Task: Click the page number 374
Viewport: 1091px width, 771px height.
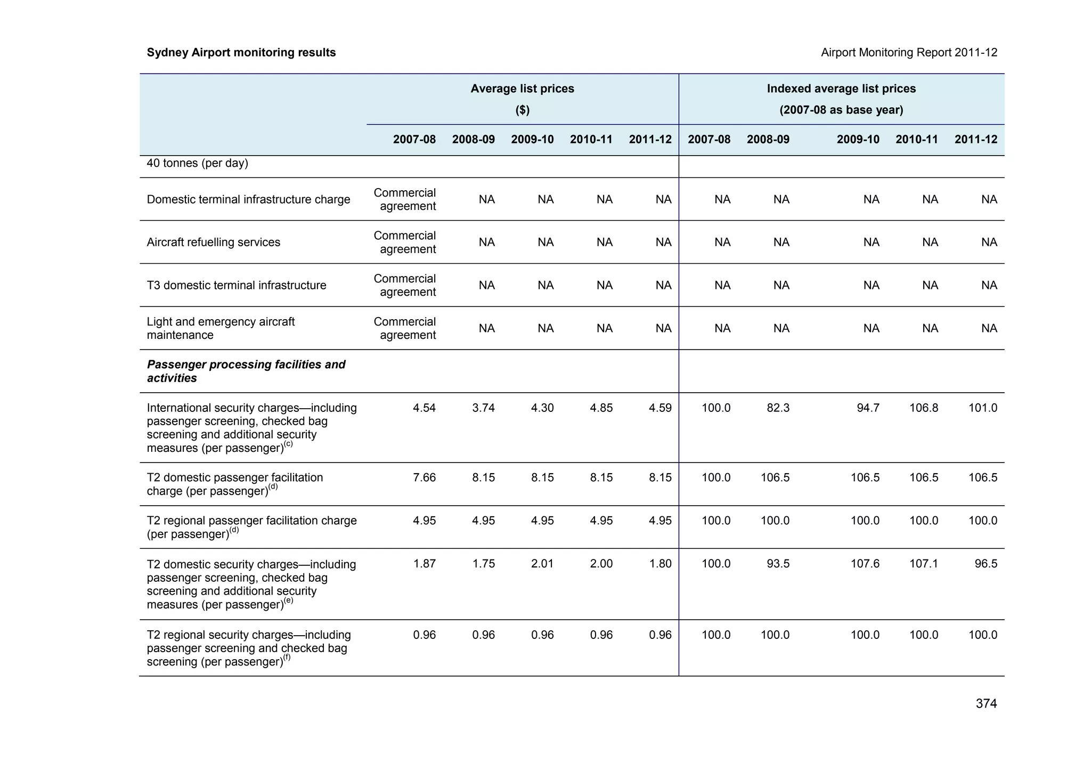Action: coord(986,704)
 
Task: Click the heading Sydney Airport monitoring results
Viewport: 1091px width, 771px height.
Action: coord(241,53)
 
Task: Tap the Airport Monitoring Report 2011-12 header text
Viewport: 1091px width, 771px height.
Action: coord(909,53)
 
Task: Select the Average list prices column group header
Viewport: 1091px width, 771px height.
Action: coord(522,89)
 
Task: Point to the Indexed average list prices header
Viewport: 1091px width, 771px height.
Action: coord(841,89)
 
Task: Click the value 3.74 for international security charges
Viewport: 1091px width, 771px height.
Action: coord(483,408)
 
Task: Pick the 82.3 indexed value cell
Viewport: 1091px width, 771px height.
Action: coord(778,408)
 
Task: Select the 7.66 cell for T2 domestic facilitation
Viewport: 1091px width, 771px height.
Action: coord(424,477)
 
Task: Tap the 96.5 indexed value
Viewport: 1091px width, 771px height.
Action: coord(986,564)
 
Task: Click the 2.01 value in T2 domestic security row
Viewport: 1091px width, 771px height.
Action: coord(542,564)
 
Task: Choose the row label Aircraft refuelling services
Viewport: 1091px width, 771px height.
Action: coord(213,242)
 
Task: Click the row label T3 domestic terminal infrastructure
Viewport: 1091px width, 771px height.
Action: coord(237,286)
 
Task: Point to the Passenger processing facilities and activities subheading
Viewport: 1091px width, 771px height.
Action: coord(246,371)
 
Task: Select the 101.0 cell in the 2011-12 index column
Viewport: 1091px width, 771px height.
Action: coord(983,408)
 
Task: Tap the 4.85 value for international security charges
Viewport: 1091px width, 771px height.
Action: coord(601,408)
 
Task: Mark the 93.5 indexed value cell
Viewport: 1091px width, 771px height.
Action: coord(778,564)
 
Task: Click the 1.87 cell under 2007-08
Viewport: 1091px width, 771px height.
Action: coord(424,564)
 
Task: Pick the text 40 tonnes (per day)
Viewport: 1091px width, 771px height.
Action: coord(197,164)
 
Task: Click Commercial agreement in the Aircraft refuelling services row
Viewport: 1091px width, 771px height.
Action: coord(405,242)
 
